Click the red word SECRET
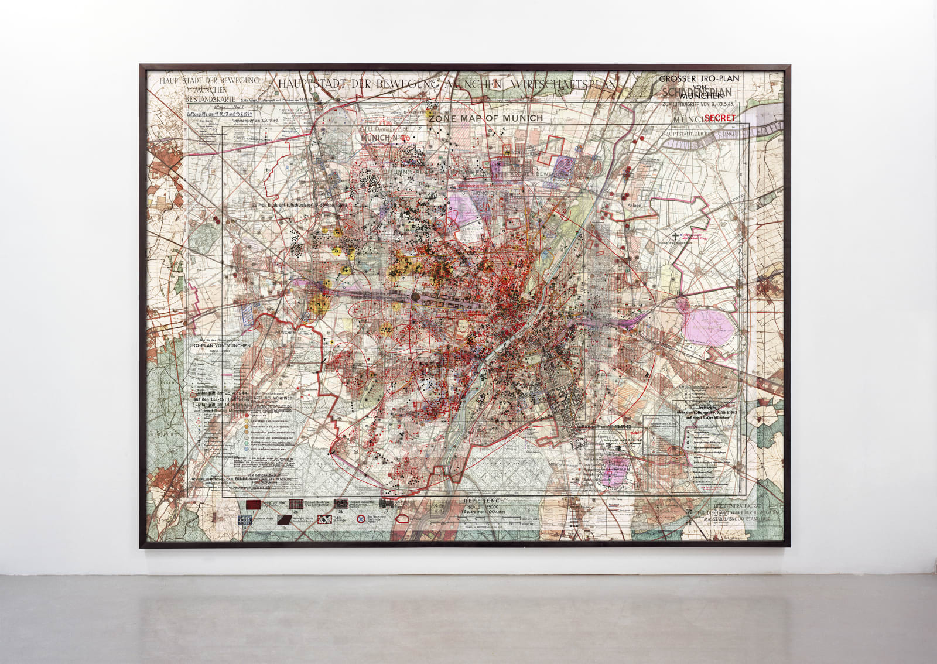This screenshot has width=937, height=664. tap(720, 118)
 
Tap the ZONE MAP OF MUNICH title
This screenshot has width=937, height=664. tap(485, 118)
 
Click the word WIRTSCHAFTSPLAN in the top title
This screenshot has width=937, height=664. tap(563, 84)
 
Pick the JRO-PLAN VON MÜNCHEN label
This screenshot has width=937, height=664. tap(219, 346)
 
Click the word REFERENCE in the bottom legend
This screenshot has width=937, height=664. tap(483, 501)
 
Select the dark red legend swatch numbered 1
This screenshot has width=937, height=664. tap(254, 505)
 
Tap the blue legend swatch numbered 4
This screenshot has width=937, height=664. tap(245, 519)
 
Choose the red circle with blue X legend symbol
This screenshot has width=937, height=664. tap(362, 519)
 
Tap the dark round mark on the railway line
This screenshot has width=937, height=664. tap(415, 297)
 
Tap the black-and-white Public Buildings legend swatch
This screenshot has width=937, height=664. tap(325, 519)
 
